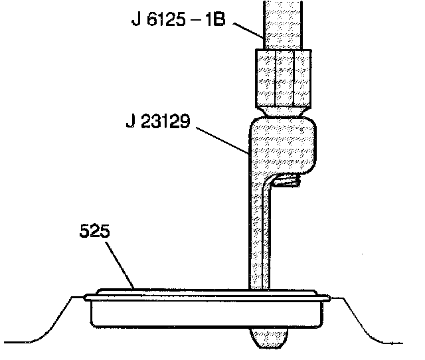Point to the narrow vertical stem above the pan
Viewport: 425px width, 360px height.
tap(258, 239)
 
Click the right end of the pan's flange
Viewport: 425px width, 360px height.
tap(329, 296)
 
